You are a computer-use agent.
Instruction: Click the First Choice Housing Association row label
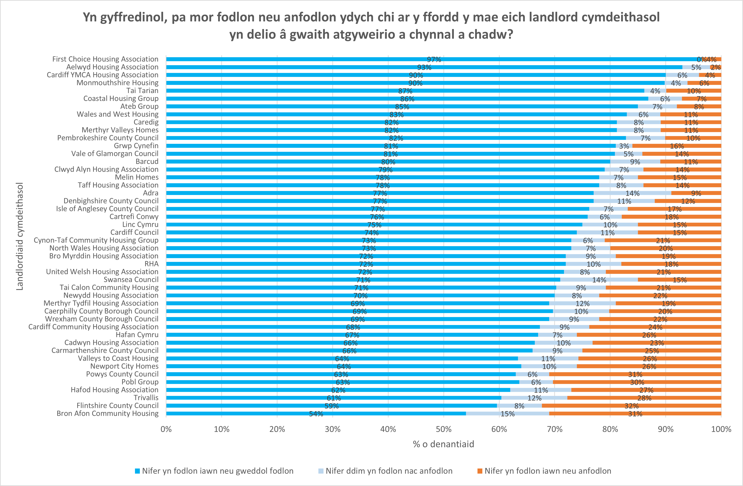pyautogui.click(x=105, y=59)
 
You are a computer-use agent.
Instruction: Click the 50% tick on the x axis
pyautogui.click(x=444, y=429)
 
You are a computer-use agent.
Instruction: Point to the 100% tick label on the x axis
pyautogui.click(x=721, y=429)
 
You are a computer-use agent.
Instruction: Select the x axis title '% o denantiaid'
pyautogui.click(x=443, y=444)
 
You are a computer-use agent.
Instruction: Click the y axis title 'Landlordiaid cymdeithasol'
pyautogui.click(x=20, y=236)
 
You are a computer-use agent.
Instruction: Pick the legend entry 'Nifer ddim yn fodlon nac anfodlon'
pyautogui.click(x=389, y=471)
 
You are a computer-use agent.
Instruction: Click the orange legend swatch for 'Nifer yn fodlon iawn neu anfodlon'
pyautogui.click(x=480, y=471)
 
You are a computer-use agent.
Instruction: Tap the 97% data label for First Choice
pyautogui.click(x=434, y=59)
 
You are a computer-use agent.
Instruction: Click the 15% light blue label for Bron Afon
pyautogui.click(x=507, y=414)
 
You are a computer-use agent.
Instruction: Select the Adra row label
pyautogui.click(x=150, y=193)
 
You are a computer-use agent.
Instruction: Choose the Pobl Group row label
pyautogui.click(x=140, y=382)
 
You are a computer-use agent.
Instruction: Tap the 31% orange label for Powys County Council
pyautogui.click(x=635, y=374)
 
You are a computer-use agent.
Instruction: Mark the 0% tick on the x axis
pyautogui.click(x=166, y=429)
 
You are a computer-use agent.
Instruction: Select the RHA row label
pyautogui.click(x=151, y=264)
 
